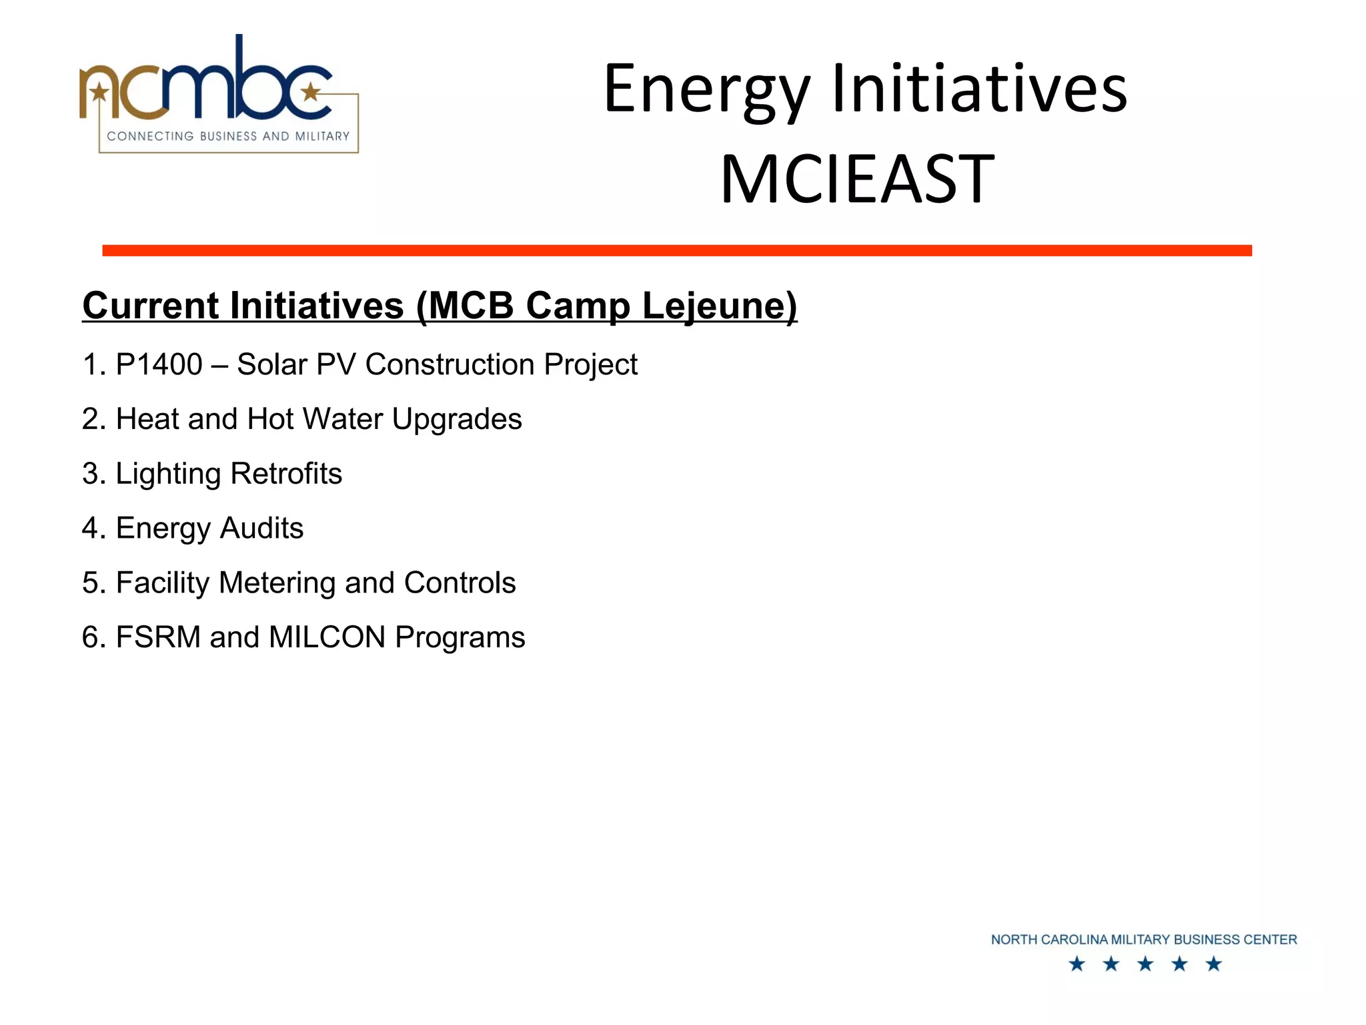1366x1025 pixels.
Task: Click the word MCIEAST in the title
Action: (857, 179)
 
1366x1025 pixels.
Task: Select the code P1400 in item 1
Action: (159, 364)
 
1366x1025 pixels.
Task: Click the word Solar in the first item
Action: (271, 364)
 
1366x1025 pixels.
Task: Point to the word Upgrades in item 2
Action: (457, 420)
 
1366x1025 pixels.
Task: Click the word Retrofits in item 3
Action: (286, 474)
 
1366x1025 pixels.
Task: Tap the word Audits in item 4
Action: (261, 529)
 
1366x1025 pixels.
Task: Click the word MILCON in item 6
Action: (327, 637)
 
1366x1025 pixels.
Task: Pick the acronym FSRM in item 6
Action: (158, 637)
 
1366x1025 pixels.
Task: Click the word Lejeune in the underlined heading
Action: (719, 306)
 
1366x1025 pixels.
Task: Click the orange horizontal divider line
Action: (676, 250)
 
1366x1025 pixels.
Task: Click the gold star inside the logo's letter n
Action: (99, 91)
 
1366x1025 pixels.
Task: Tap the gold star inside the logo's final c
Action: (311, 91)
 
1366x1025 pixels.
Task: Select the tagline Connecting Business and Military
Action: (228, 136)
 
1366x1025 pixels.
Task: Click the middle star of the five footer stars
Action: (1145, 964)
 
